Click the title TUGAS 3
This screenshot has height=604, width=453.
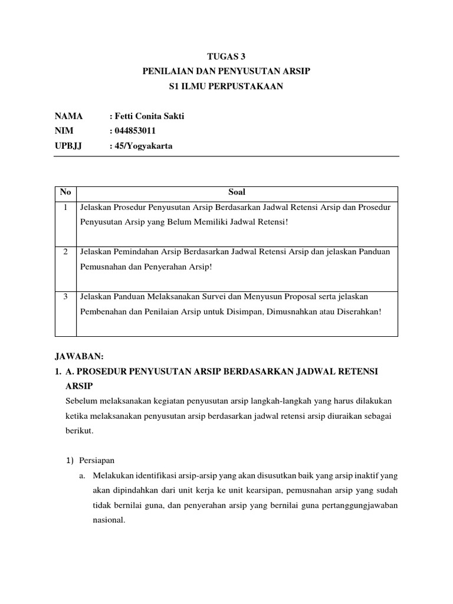point(226,57)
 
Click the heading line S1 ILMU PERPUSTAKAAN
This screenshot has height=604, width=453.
point(226,87)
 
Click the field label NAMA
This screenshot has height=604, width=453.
point(69,116)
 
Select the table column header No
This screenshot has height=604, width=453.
point(65,192)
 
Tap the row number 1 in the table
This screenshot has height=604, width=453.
point(65,208)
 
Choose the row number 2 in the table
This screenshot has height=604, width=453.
point(65,252)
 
